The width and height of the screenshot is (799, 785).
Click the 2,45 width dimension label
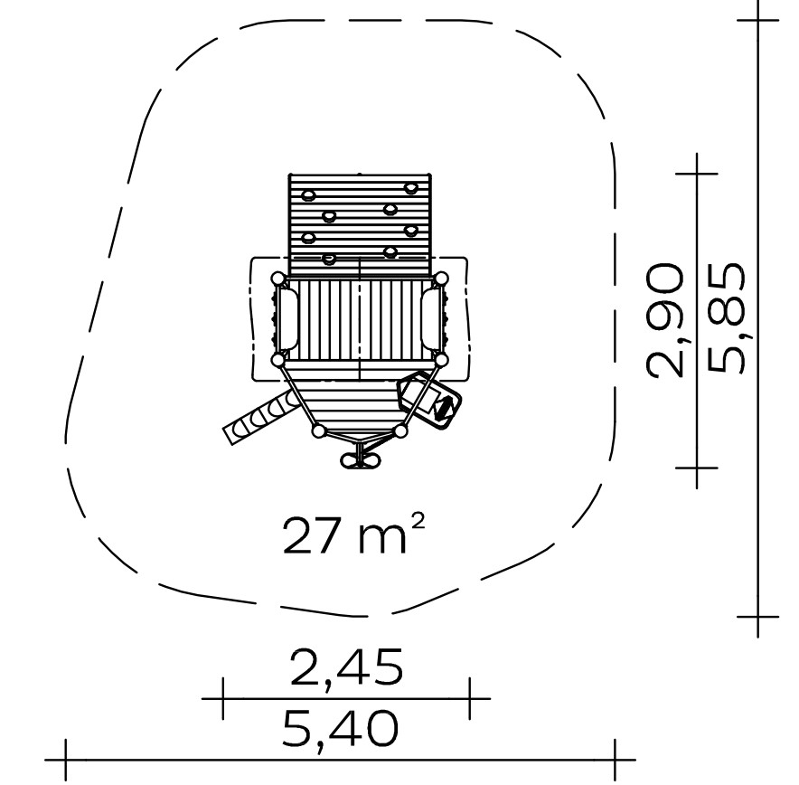click(346, 667)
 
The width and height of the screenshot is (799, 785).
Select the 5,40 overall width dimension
click(340, 729)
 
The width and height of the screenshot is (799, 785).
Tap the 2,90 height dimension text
click(664, 320)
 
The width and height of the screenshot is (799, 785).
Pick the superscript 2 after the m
click(418, 522)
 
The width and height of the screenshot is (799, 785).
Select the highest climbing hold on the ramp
click(410, 189)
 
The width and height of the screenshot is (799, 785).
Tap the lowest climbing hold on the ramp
click(330, 259)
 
